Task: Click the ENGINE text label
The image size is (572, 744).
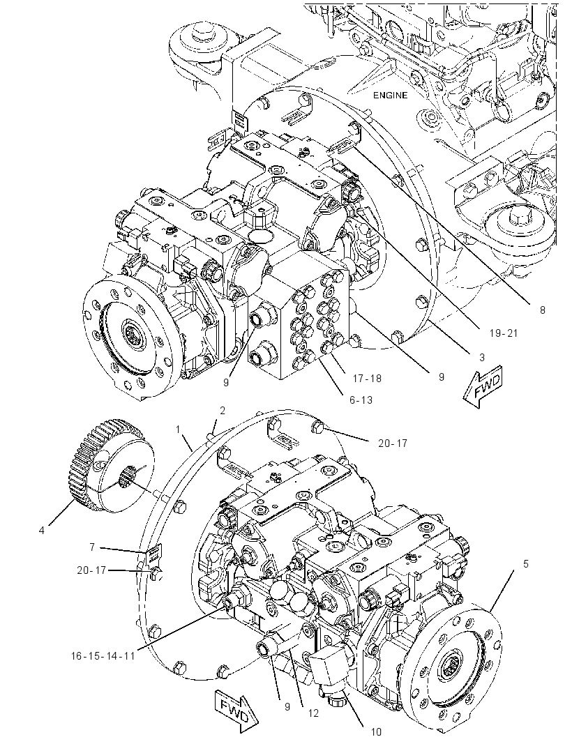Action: [390, 96]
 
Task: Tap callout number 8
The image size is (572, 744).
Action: [542, 310]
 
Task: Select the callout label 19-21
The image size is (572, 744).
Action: [503, 333]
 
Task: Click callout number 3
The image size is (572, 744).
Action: [482, 357]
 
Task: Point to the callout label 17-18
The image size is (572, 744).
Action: [367, 378]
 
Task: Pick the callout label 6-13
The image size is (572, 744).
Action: [361, 400]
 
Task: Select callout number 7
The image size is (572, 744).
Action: [92, 547]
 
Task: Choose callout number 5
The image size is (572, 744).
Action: [525, 564]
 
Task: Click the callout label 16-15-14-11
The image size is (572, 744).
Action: [103, 656]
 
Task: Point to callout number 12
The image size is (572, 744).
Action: [313, 713]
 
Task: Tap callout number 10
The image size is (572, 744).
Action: [375, 732]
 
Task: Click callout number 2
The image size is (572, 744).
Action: [222, 411]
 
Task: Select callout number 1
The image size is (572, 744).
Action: [178, 430]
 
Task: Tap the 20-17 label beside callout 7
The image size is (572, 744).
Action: [91, 570]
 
